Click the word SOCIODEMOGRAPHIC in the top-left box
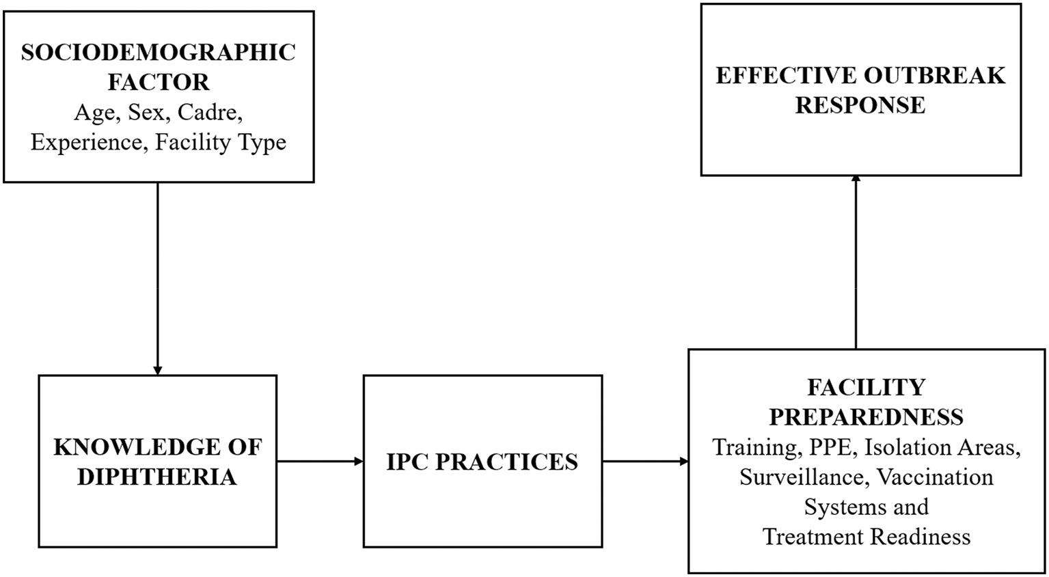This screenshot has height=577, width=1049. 159,53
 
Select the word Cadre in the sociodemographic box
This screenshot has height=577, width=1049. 210,112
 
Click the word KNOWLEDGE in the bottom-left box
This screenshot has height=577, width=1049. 132,447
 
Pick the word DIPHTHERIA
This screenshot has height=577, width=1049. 157,477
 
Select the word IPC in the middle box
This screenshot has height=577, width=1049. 407,462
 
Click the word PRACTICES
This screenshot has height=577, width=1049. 506,462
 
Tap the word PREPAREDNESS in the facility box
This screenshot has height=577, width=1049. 867,417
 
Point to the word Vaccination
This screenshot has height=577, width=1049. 935,477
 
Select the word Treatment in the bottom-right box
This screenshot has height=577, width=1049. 813,536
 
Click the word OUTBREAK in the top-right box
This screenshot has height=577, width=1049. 935,75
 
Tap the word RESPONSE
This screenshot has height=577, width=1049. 861,105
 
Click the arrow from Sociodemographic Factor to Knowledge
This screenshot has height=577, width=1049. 158,279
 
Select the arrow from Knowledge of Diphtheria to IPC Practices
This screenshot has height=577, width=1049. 321,462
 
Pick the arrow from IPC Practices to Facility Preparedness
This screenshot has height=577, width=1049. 645,462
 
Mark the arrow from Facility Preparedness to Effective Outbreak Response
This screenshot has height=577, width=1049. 856,262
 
